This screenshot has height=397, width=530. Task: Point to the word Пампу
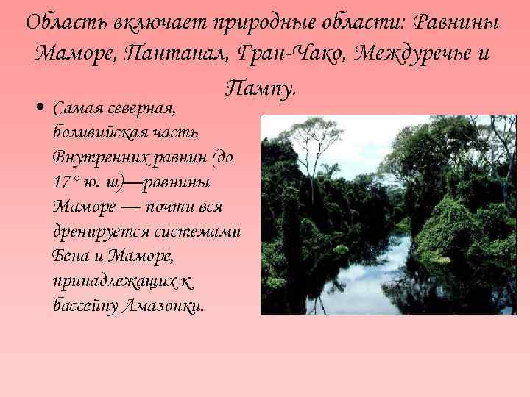click(261, 88)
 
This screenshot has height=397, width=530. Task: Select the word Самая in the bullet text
click(76, 110)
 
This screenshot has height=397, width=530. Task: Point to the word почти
click(163, 206)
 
